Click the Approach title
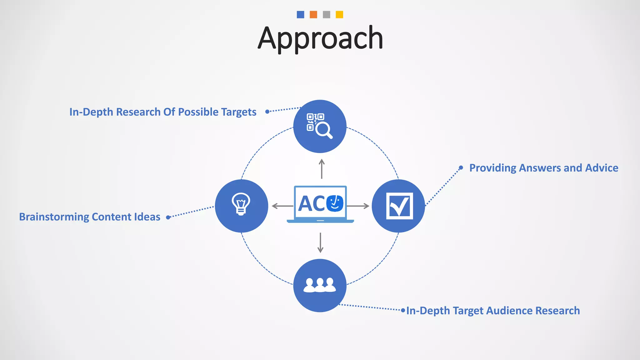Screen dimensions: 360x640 click(320, 38)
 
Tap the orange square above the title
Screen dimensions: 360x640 click(313, 15)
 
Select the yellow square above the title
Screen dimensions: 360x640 click(339, 15)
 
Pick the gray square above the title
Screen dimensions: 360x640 click(327, 15)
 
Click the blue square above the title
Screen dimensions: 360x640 click(300, 15)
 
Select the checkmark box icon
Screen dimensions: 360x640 click(399, 206)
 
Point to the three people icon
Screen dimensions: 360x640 click(320, 285)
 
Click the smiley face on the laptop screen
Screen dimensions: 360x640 click(335, 203)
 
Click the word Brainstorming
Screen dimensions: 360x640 click(54, 217)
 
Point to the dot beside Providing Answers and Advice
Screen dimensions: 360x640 click(461, 167)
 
